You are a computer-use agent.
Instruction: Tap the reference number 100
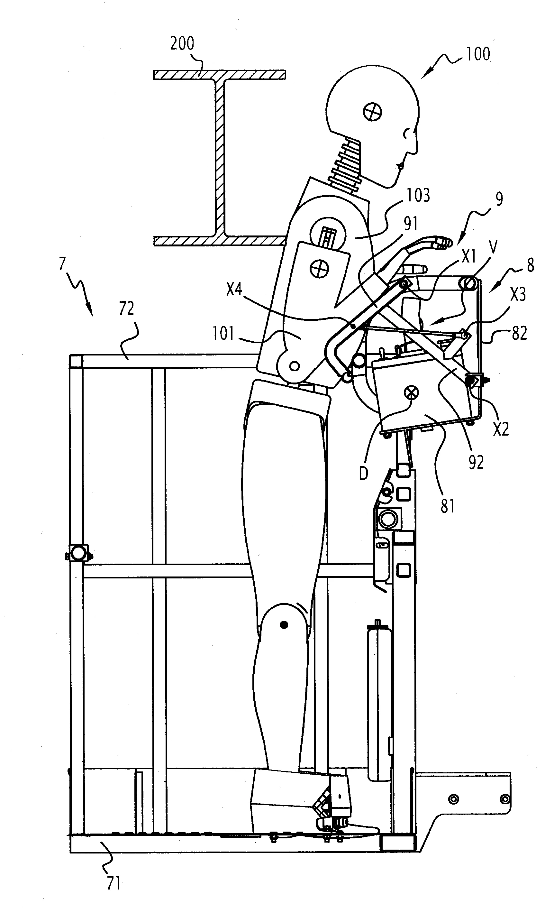click(x=478, y=54)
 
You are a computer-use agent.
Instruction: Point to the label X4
click(x=234, y=290)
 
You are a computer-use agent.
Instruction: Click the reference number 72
click(x=126, y=309)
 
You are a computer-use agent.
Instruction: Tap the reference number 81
click(x=447, y=506)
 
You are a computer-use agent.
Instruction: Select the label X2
click(x=501, y=429)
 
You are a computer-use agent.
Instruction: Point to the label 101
click(x=223, y=334)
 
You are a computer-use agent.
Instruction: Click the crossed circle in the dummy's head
click(x=372, y=111)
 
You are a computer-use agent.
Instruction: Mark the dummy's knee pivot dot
click(x=284, y=624)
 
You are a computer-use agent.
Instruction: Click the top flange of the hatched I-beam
click(x=220, y=75)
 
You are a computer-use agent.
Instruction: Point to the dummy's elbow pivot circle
click(x=294, y=366)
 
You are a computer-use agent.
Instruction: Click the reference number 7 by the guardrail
click(x=62, y=264)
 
